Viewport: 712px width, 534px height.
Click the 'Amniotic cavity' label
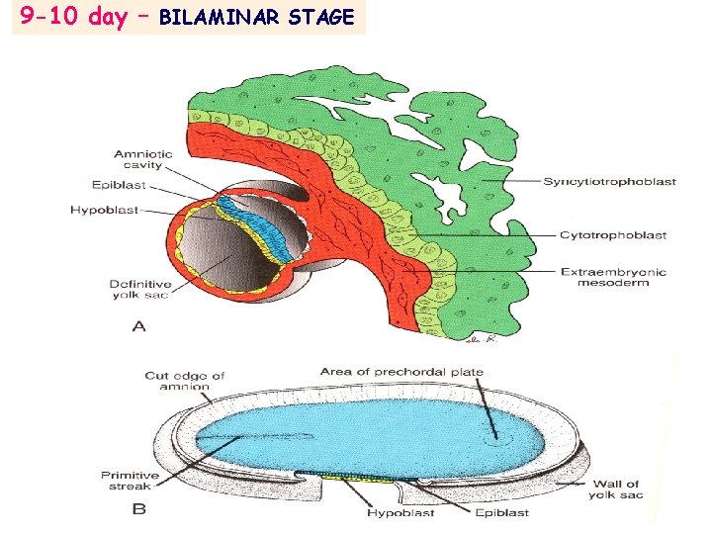coord(143,159)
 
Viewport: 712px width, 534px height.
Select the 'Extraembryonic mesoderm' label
coord(613,278)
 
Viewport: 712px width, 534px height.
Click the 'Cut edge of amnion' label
coord(185,381)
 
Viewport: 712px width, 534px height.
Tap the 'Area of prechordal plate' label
coord(401,372)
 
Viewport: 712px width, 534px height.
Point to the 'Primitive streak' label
coord(130,482)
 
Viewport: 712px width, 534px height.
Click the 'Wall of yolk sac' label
coord(616,489)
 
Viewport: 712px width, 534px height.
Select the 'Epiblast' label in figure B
coord(503,512)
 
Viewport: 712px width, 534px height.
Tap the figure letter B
coord(139,511)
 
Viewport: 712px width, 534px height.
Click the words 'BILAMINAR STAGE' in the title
coord(256,18)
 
